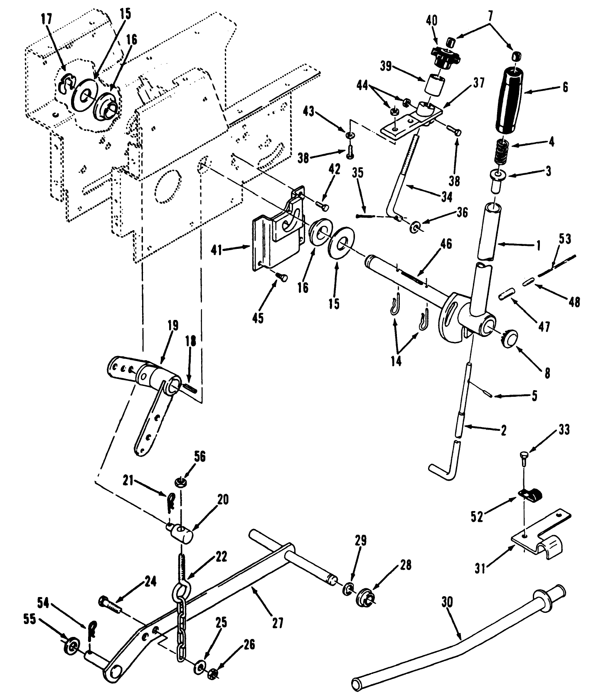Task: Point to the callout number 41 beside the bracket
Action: click(228, 250)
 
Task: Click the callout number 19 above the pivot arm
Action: click(172, 325)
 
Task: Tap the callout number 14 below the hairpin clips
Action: click(396, 361)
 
